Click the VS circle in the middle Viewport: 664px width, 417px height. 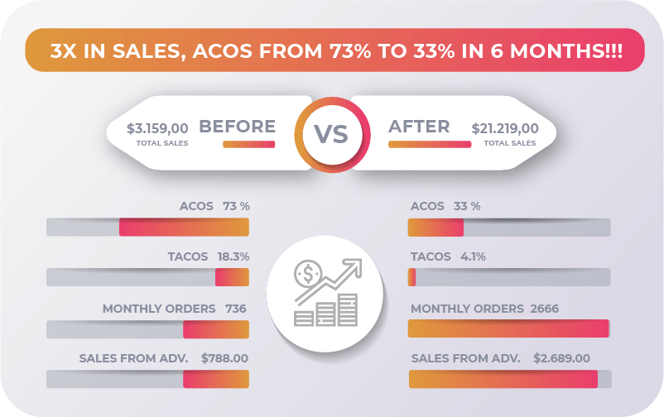tap(331, 132)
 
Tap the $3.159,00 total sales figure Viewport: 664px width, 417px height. tap(157, 128)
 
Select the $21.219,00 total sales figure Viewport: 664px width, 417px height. tap(505, 128)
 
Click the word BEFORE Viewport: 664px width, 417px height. tap(238, 127)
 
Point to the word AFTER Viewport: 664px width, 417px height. tap(419, 127)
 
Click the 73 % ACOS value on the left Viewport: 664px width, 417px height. tap(236, 206)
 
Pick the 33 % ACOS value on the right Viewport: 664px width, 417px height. tap(467, 206)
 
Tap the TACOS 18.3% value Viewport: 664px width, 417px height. tap(233, 256)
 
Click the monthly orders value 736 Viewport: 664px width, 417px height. tap(236, 309)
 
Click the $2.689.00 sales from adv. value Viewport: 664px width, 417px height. tap(561, 358)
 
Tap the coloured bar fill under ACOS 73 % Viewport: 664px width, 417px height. tap(184, 228)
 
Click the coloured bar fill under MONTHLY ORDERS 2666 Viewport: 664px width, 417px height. tap(508, 328)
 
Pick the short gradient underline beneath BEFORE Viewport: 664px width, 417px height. tap(248, 144)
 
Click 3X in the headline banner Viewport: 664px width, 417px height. tap(65, 50)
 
